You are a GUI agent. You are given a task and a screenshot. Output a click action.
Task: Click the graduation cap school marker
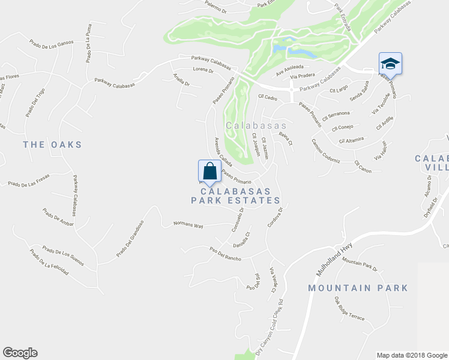[x=390, y=64]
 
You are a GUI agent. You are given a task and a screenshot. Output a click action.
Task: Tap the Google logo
[x=20, y=353]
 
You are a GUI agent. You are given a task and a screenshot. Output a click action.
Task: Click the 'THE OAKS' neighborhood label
[x=52, y=145]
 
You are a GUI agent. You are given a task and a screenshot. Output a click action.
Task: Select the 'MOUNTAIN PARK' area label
[x=358, y=288]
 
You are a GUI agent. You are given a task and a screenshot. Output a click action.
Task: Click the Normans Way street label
[x=188, y=226]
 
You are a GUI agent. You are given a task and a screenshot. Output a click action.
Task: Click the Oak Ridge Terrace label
[x=349, y=308]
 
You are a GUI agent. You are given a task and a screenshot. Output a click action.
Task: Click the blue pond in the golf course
[x=281, y=46]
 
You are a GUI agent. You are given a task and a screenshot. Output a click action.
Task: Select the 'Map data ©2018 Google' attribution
[x=412, y=355]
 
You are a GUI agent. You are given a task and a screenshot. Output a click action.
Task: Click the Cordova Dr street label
[x=275, y=220]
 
